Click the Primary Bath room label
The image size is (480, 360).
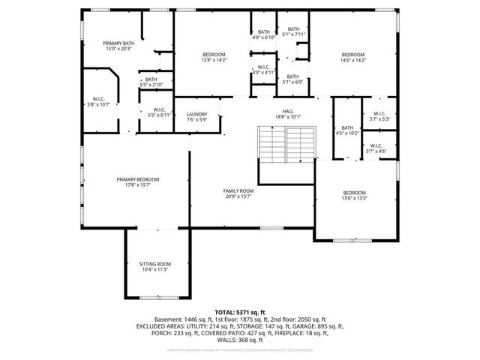click(x=118, y=47)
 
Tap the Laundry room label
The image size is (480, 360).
click(x=196, y=116)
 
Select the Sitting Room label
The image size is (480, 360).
click(x=155, y=267)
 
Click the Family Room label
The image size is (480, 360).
click(x=238, y=194)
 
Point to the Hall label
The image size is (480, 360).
click(x=287, y=113)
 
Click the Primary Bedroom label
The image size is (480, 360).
click(x=138, y=182)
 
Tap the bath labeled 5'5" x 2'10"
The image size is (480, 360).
click(x=151, y=82)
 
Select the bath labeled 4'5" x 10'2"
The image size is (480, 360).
click(x=346, y=130)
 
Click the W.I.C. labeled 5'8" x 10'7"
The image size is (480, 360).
click(x=98, y=101)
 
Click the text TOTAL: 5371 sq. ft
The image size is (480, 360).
click(x=240, y=311)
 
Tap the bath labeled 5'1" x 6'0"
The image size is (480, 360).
click(x=292, y=79)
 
